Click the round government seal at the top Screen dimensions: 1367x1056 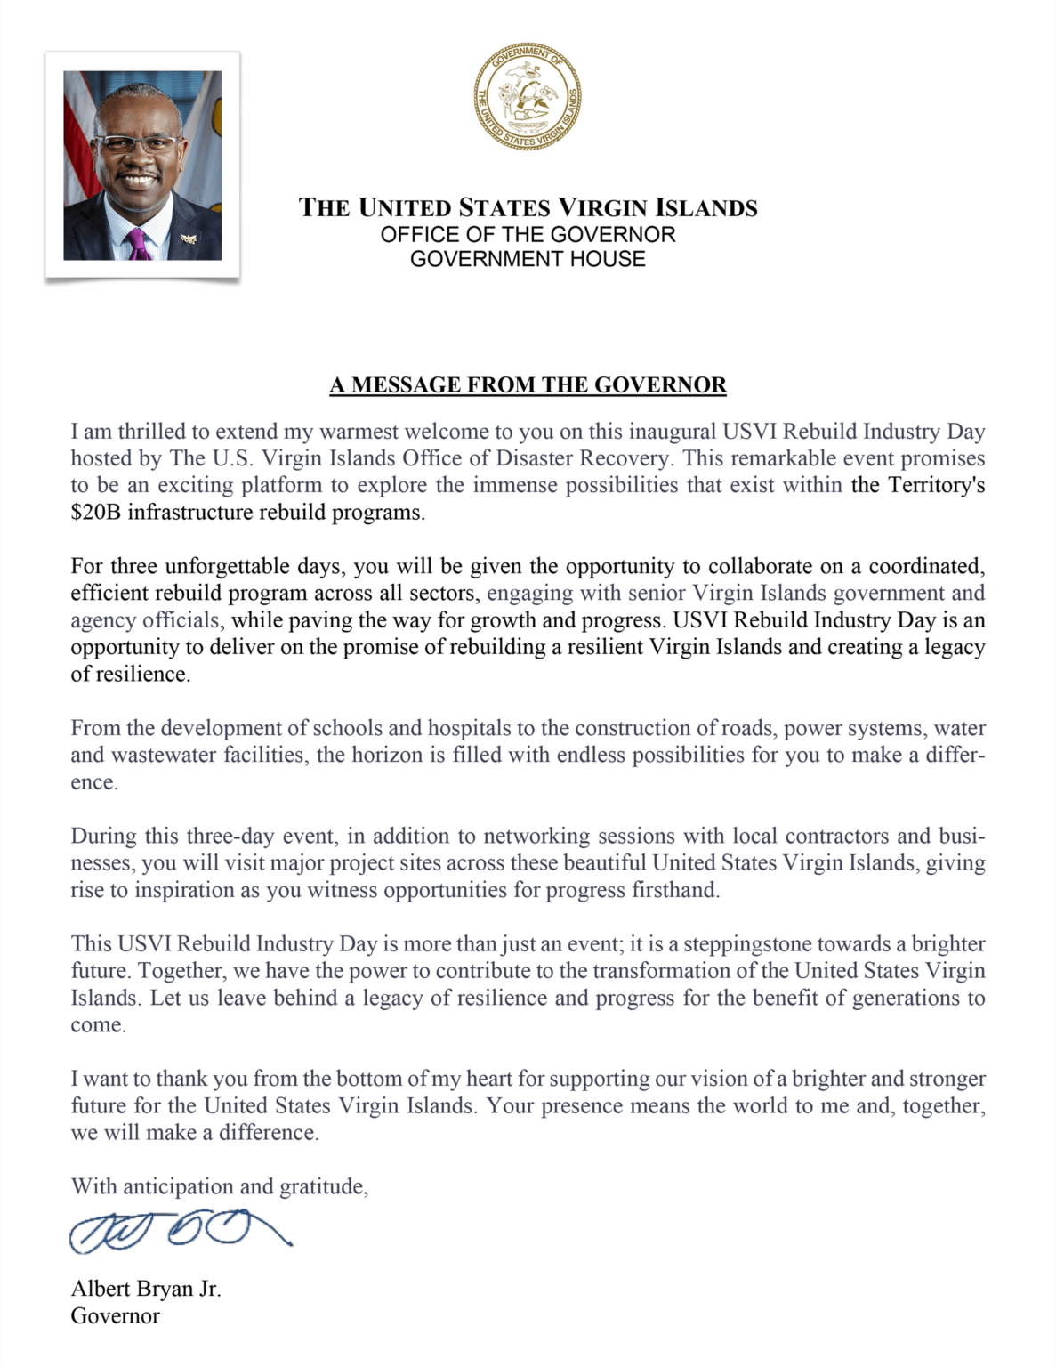pyautogui.click(x=528, y=95)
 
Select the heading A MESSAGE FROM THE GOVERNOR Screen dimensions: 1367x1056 pyautogui.click(x=528, y=384)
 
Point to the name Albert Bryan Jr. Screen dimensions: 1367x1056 pyautogui.click(x=146, y=1289)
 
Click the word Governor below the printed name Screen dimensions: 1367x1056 pyautogui.click(x=116, y=1315)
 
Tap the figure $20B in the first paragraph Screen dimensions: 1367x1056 pyautogui.click(x=95, y=513)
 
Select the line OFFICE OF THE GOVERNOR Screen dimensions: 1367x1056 pyautogui.click(x=528, y=234)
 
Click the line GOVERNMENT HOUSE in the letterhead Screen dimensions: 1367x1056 pyautogui.click(x=528, y=259)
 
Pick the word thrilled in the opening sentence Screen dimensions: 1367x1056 pyautogui.click(x=154, y=432)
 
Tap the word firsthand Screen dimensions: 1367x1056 pyautogui.click(x=675, y=890)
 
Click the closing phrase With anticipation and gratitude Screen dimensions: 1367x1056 pyautogui.click(x=220, y=1186)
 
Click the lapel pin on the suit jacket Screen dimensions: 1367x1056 pyautogui.click(x=188, y=238)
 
